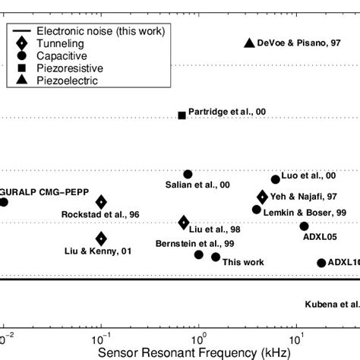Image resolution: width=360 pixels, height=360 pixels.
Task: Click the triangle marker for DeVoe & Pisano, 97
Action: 248,43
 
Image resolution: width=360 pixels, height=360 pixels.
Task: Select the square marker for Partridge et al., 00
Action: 182,115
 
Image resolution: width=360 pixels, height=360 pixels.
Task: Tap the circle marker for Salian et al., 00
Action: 188,175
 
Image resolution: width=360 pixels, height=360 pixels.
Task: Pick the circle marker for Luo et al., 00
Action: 276,179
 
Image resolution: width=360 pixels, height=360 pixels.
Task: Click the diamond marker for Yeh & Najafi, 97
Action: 263,197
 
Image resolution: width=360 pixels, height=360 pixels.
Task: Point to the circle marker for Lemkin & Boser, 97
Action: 257,210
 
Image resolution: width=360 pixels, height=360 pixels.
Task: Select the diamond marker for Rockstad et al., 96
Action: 101,202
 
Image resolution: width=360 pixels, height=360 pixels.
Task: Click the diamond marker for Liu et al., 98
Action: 184,223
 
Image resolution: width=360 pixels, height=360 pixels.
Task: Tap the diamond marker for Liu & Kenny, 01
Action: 101,238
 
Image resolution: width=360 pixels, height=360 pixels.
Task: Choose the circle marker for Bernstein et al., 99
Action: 199,254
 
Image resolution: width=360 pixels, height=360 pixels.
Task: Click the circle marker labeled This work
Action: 216,257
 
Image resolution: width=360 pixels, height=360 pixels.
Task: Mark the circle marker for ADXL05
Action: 305,226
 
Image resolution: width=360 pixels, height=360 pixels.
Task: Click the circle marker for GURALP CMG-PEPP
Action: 4,202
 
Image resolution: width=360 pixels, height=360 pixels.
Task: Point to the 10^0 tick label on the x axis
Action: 199,337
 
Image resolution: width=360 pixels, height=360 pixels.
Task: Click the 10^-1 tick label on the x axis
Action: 99,337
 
